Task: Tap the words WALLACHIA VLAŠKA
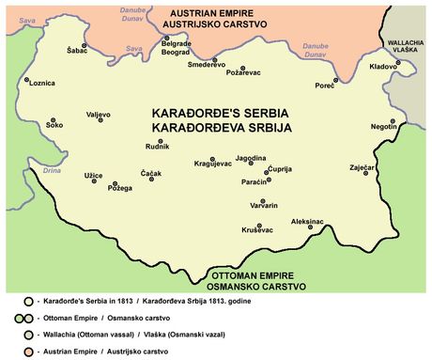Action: click(406, 46)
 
